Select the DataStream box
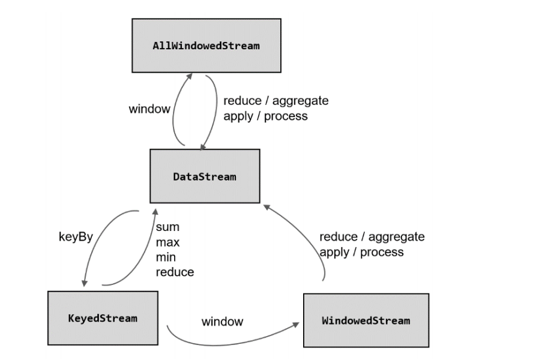click(205, 176)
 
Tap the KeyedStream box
click(103, 318)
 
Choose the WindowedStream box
click(366, 320)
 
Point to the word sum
click(167, 227)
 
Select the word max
click(167, 242)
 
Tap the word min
click(166, 257)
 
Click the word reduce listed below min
click(175, 272)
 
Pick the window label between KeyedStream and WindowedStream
click(222, 322)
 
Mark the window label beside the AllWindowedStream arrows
click(149, 109)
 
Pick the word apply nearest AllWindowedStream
click(239, 116)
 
